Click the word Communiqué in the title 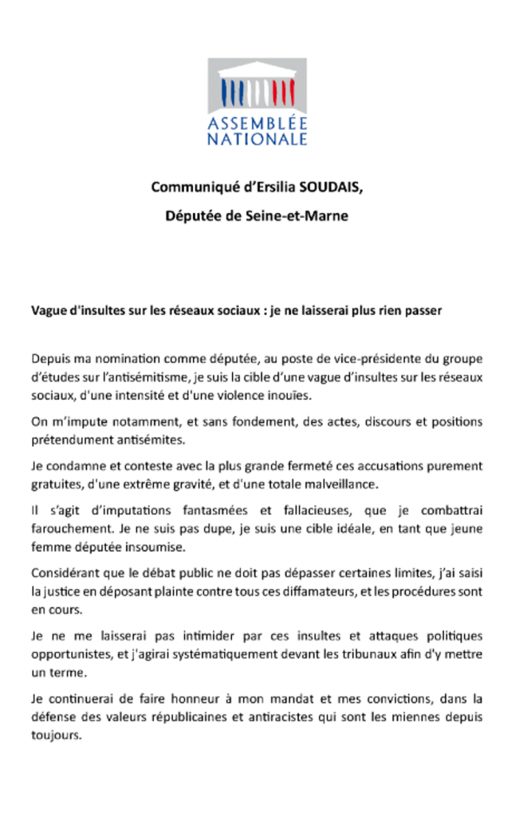pyautogui.click(x=190, y=187)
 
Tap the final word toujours pyautogui.click(x=56, y=735)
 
